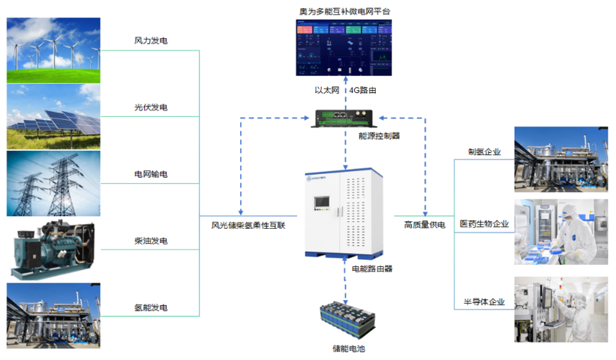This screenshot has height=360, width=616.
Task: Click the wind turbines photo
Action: point(54,50)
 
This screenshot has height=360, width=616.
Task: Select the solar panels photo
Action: point(54,117)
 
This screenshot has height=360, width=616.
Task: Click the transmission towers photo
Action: point(54,184)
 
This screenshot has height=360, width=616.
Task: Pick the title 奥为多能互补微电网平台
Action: point(344,11)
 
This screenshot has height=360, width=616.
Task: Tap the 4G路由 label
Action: point(362,90)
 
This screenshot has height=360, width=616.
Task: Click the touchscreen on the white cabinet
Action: point(322,203)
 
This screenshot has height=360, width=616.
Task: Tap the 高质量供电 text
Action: point(425,223)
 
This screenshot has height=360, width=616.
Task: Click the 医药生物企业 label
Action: point(484,223)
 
